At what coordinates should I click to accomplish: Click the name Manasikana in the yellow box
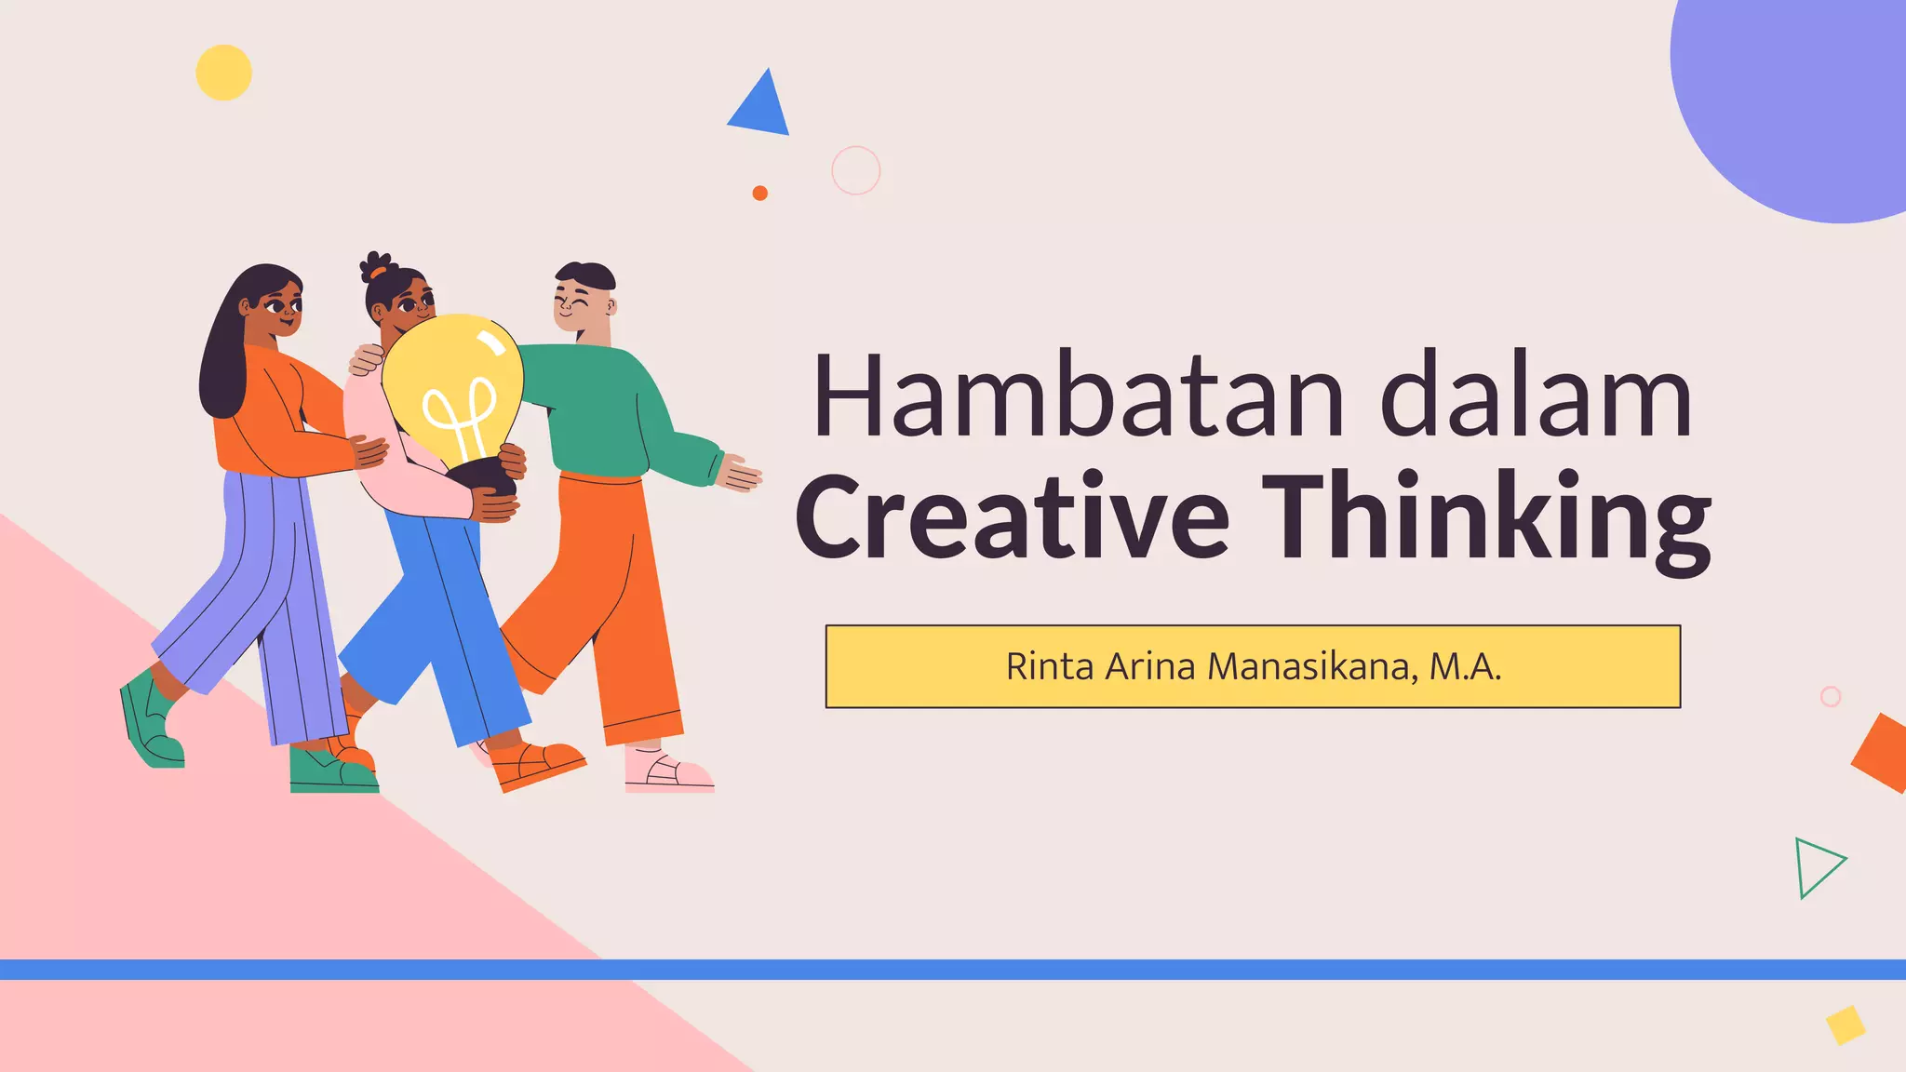[1312, 666]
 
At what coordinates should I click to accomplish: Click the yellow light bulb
[454, 386]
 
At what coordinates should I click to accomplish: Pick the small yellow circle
[223, 73]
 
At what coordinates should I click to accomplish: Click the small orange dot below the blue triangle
[759, 193]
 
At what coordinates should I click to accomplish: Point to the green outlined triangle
[1816, 867]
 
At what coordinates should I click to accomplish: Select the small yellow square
[1845, 1025]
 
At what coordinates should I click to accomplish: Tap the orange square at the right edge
[1882, 753]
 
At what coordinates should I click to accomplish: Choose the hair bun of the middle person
[375, 266]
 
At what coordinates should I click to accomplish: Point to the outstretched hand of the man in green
[740, 473]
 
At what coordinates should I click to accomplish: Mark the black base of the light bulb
[484, 474]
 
